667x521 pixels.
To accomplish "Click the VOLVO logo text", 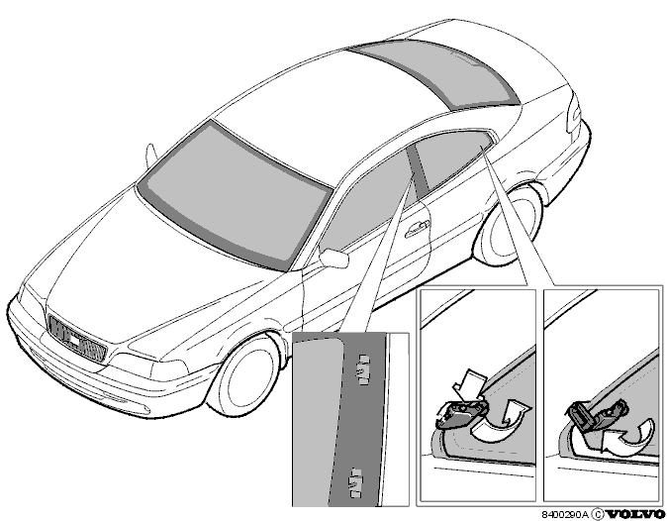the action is click(x=635, y=514).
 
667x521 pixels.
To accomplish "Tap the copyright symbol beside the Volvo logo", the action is click(x=598, y=514).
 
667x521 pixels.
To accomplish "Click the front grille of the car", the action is click(x=76, y=339).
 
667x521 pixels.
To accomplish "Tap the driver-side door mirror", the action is click(x=333, y=257).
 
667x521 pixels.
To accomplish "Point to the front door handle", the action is click(x=418, y=229).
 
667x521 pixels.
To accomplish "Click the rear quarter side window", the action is click(x=451, y=160).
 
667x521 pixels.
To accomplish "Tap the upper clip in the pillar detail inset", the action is click(x=364, y=369).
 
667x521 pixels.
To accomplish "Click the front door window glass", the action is click(x=367, y=200).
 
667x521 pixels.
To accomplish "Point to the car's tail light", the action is click(x=574, y=114).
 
